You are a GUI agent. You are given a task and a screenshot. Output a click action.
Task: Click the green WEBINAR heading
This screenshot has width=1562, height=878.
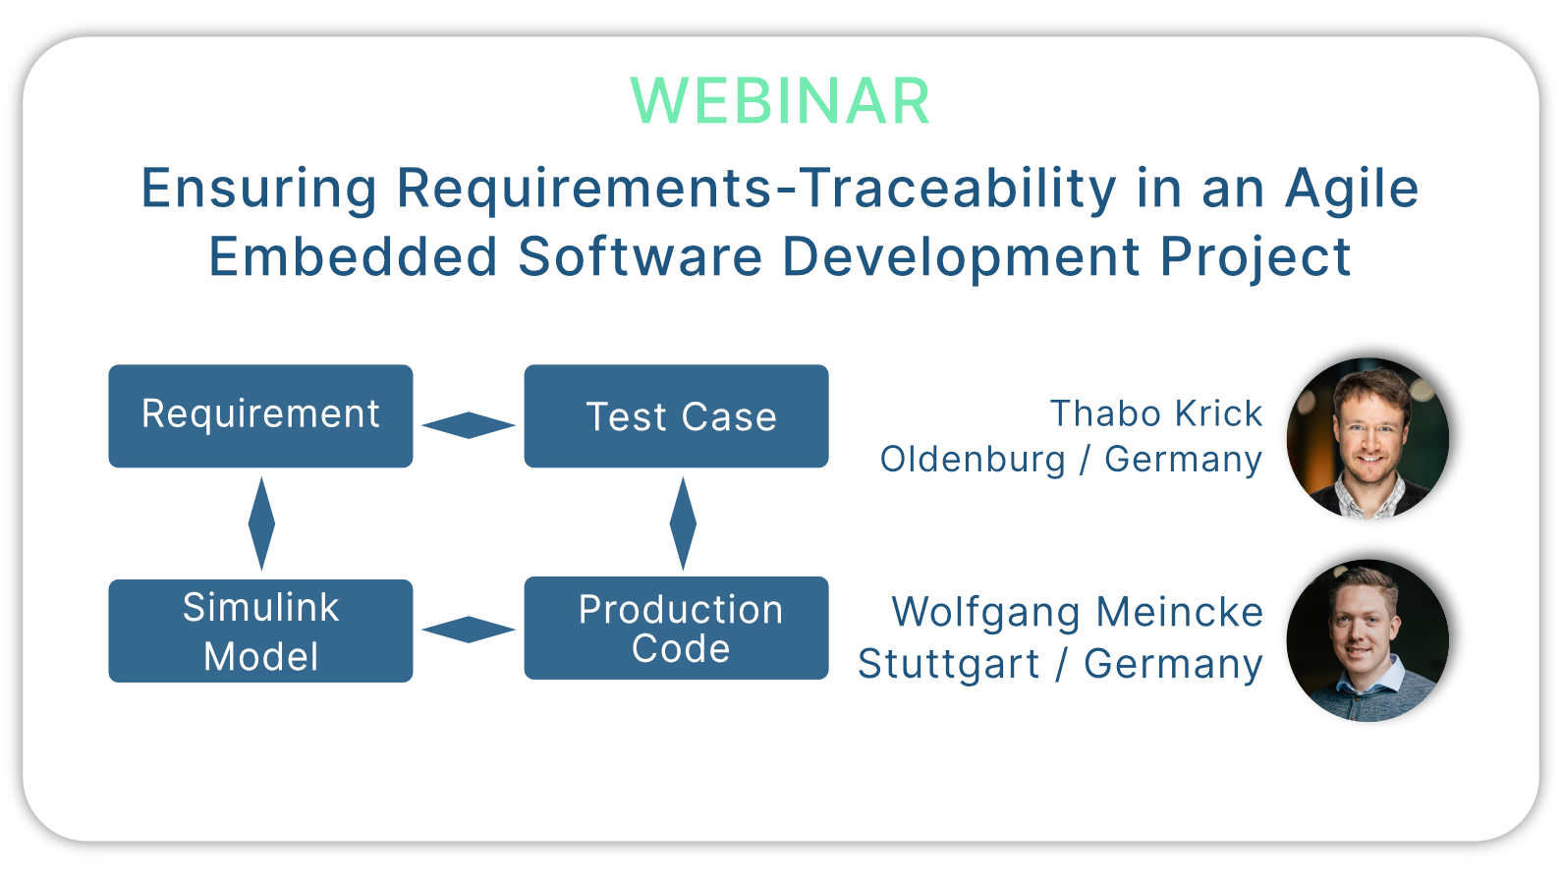pos(780,102)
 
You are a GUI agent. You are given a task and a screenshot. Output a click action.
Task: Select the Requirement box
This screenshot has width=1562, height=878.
pos(260,415)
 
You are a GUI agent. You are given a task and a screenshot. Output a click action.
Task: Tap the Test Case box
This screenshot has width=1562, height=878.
pos(677,415)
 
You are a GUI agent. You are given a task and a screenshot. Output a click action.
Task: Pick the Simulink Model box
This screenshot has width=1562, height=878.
pos(260,631)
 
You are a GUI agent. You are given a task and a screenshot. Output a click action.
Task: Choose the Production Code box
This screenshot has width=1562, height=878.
pos(677,628)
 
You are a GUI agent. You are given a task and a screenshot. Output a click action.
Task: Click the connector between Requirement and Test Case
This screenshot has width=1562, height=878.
pos(469,424)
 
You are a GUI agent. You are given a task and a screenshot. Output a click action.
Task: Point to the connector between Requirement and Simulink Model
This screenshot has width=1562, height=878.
pos(261,523)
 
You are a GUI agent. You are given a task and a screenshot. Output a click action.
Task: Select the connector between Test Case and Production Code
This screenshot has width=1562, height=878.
pos(683,523)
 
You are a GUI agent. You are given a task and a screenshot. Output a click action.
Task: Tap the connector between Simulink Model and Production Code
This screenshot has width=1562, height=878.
pos(469,629)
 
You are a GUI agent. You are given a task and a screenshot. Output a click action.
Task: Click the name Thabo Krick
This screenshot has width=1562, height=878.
pos(1156,413)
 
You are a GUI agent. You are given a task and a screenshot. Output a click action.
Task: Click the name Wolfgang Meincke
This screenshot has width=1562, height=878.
pos(1078,613)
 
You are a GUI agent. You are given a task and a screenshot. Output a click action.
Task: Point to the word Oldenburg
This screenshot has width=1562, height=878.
pos(973,460)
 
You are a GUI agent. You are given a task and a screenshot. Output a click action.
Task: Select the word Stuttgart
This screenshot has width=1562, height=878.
pos(948,664)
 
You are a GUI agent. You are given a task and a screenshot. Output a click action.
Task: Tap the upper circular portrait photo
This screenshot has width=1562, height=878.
pos(1367,439)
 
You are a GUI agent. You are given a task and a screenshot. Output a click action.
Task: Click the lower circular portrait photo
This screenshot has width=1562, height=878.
pos(1367,640)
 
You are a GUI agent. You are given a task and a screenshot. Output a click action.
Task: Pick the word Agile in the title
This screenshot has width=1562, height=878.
pos(1352,190)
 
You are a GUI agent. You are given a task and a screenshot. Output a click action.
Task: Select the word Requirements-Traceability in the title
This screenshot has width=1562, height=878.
pos(756,190)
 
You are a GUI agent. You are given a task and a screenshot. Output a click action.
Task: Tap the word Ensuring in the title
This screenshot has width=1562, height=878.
pos(259,190)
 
